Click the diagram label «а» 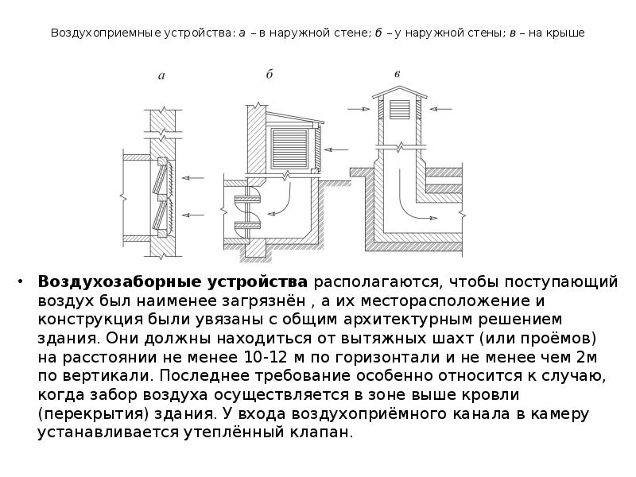point(161,77)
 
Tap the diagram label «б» point(270,75)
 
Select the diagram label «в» point(397,74)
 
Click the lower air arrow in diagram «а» point(192,213)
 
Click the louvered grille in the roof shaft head point(397,108)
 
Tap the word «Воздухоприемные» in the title point(100,33)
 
